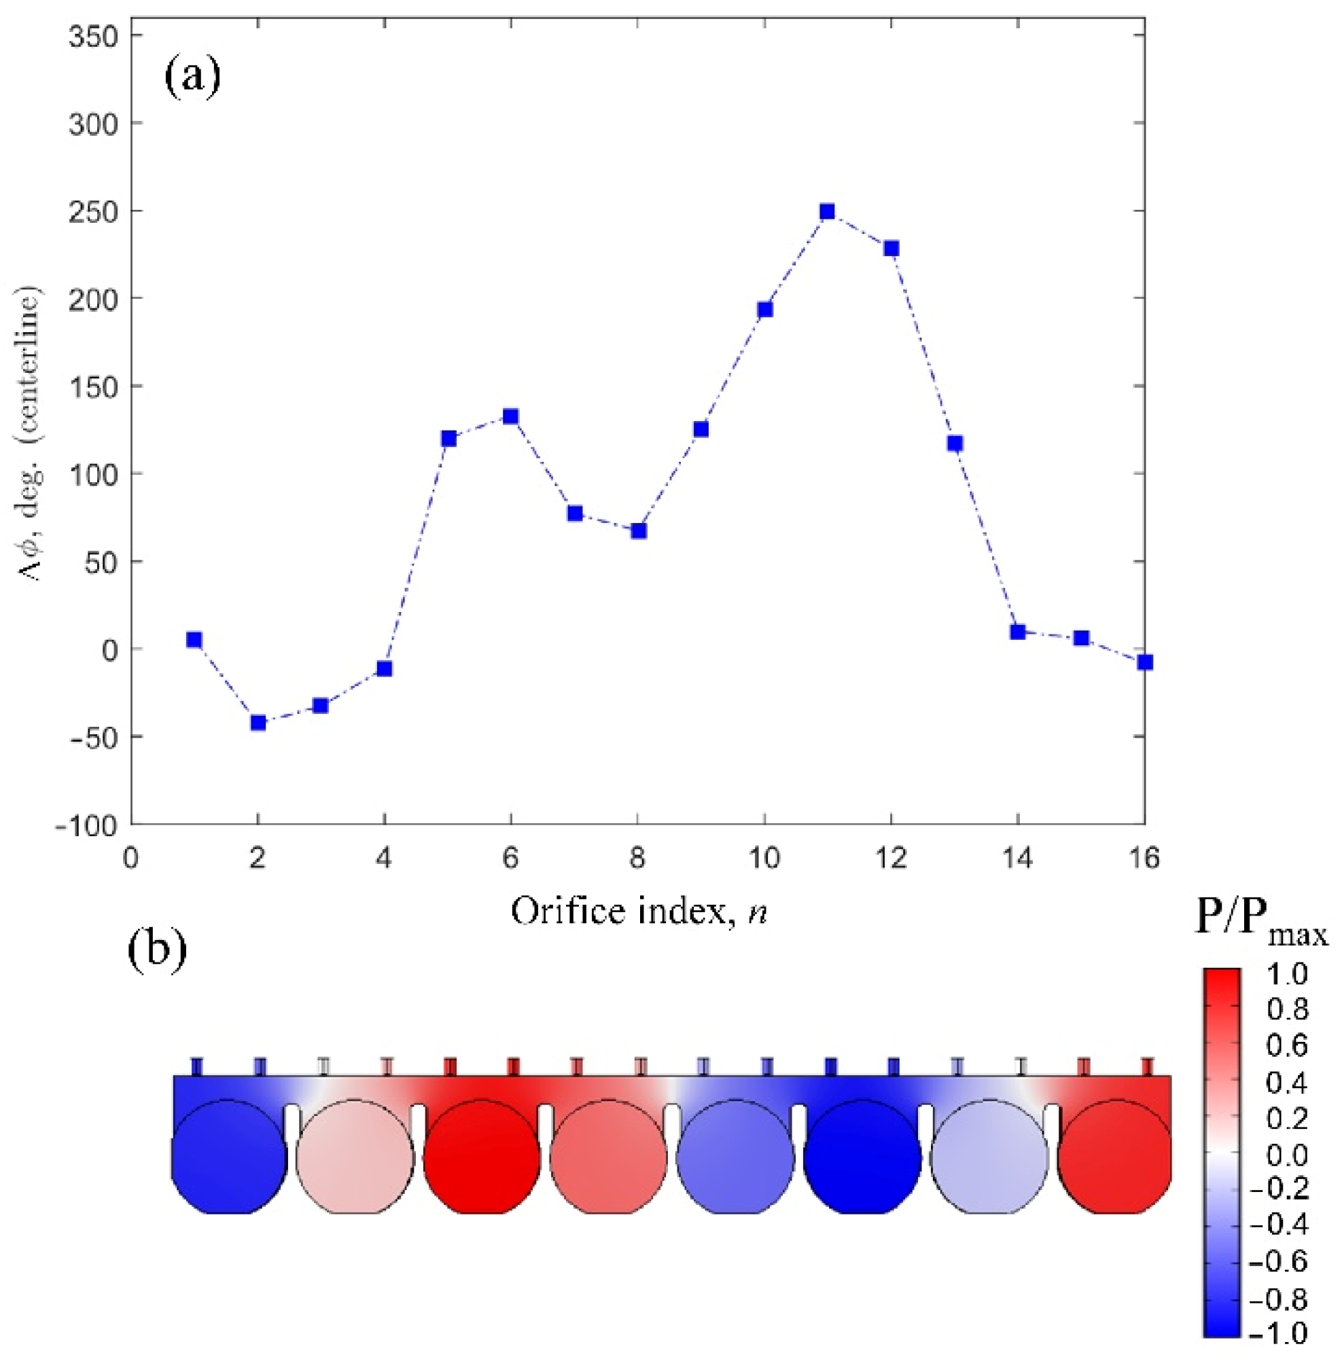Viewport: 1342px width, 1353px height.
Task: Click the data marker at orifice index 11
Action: [827, 211]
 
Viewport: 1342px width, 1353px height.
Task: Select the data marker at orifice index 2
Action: [258, 722]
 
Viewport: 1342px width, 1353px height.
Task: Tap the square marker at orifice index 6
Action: [510, 416]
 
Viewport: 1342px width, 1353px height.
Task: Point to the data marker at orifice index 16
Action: [1144, 662]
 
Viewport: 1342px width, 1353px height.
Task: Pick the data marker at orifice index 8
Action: [638, 530]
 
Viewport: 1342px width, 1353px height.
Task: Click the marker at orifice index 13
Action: [955, 443]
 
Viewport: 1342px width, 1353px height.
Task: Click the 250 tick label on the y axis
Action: [93, 211]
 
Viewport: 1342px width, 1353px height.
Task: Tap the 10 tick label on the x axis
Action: [764, 858]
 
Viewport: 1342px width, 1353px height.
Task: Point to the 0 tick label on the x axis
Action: [131, 858]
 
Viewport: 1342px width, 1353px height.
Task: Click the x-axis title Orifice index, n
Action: [639, 911]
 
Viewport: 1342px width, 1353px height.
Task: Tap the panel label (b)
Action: [158, 952]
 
